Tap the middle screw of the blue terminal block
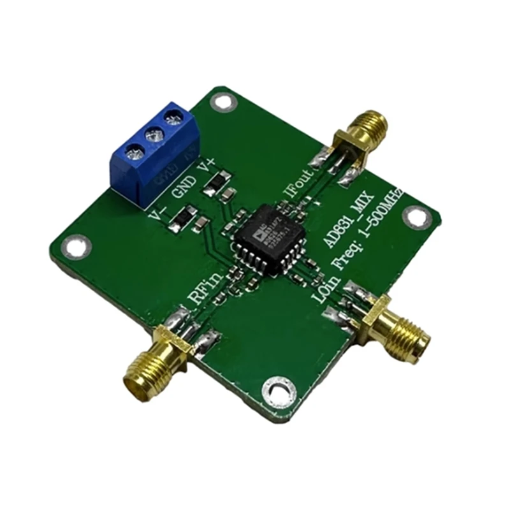coord(152,135)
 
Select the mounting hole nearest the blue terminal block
coord(221,101)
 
